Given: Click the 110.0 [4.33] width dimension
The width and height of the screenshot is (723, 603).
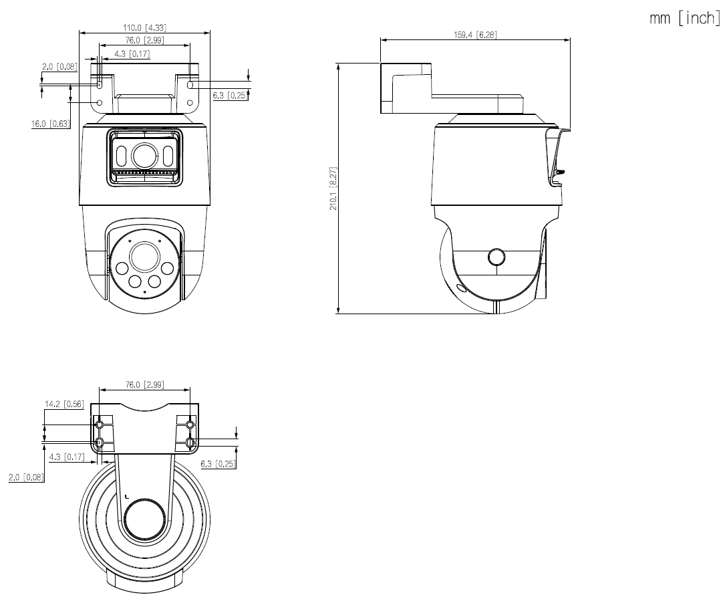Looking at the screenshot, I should point(144,27).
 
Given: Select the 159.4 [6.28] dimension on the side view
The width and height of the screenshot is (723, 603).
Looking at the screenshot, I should point(475,35).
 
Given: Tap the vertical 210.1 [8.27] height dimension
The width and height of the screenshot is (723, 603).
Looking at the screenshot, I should point(333,189).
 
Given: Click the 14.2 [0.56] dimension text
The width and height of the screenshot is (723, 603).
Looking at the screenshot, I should point(63,404).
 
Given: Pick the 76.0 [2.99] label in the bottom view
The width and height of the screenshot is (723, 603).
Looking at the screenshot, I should point(144,384).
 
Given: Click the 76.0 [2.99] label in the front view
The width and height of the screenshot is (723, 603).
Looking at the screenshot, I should point(144,41).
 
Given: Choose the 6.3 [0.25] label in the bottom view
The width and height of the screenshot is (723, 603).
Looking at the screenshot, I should point(218,463).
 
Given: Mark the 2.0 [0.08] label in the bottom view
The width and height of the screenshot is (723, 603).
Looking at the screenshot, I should point(26,477).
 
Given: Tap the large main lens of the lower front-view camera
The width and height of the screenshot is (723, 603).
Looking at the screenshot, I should point(144,256).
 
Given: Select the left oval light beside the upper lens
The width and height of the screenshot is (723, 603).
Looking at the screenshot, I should point(121,156).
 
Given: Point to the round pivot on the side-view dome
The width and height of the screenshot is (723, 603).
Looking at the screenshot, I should point(496,257).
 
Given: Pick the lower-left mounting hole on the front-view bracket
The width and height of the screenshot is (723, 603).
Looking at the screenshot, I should point(100,103).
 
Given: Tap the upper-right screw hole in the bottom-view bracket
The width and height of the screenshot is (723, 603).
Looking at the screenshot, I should point(190,425).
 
